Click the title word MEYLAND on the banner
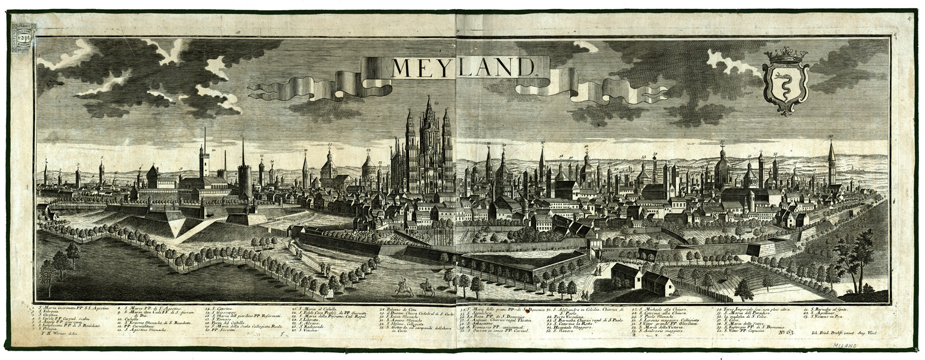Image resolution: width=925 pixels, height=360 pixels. point(463,67)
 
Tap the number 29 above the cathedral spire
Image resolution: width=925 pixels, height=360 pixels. point(436,102)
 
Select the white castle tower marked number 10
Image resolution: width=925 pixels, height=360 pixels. point(204,163)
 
